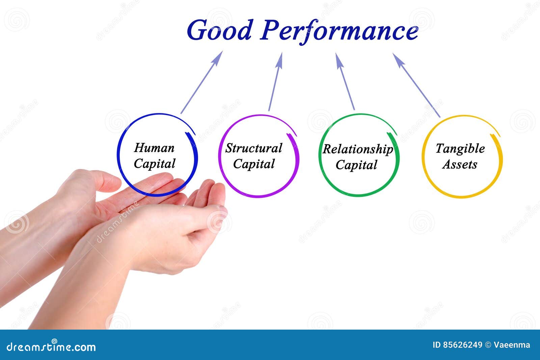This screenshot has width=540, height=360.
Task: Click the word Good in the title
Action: pyautogui.click(x=219, y=30)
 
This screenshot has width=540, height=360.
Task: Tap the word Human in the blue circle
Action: pyautogui.click(x=154, y=148)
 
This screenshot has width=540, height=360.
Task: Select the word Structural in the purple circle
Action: pyautogui.click(x=253, y=148)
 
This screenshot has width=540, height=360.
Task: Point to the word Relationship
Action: pyautogui.click(x=357, y=149)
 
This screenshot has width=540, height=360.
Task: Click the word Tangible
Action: pyautogui.click(x=460, y=149)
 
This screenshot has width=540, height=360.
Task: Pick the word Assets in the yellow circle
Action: pyautogui.click(x=460, y=164)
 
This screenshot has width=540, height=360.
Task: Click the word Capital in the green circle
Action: pyautogui.click(x=356, y=165)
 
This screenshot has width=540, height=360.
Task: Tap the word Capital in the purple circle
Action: pyautogui.click(x=254, y=164)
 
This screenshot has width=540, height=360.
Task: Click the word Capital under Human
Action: pyautogui.click(x=154, y=163)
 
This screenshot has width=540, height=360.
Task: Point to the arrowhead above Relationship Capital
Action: pyautogui.click(x=339, y=59)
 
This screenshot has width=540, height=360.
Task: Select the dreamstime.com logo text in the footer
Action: pyautogui.click(x=51, y=347)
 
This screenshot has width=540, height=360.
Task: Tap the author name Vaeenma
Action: pyautogui.click(x=512, y=345)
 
